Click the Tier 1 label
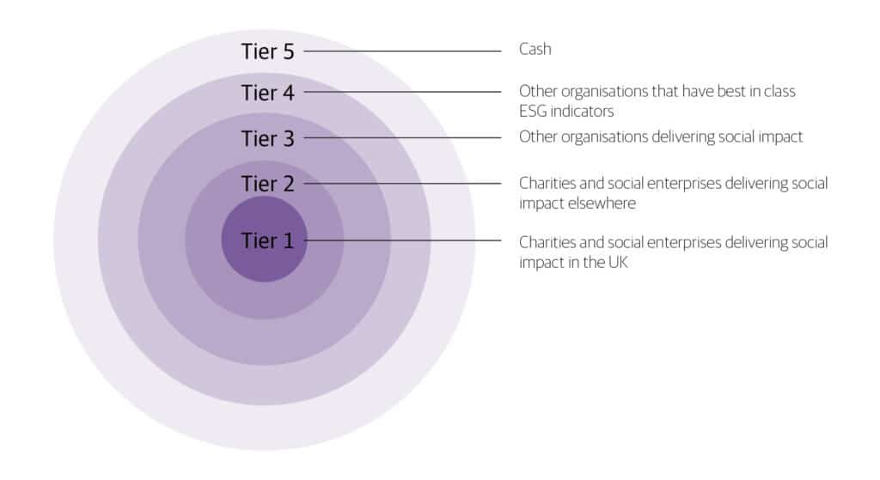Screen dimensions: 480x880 267,241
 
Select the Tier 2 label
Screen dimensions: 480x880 267,184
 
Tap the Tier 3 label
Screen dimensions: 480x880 267,138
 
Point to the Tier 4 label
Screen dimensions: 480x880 267,93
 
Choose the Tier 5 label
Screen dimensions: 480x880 267,52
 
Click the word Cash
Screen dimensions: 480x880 535,50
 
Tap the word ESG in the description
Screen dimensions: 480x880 534,111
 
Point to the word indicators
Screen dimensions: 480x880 582,111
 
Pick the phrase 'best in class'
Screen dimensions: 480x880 760,90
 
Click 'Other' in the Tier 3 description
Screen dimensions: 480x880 536,137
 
